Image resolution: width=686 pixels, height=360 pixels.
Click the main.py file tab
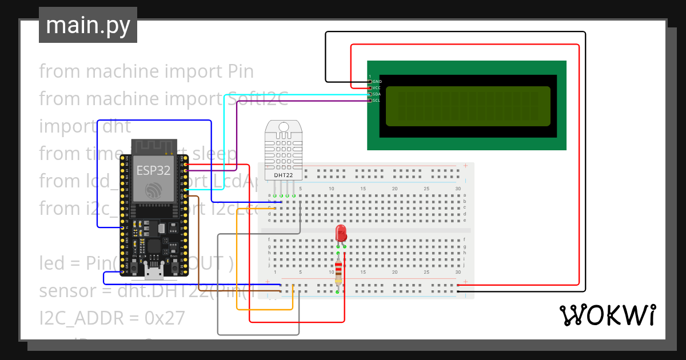coord(87,25)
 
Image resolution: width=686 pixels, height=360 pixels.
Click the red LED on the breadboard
coord(341,233)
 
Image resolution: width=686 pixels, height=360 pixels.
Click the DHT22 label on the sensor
coord(284,175)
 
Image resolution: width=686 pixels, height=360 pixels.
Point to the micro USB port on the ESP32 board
coord(153,273)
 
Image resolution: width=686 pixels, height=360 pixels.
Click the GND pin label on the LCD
coord(377,82)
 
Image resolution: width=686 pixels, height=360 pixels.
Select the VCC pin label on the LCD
coord(377,88)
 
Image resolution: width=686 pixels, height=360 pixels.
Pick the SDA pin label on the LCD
coord(377,94)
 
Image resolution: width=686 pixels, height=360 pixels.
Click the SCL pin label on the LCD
coord(377,101)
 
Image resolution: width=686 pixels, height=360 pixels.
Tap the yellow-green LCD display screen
coord(468,106)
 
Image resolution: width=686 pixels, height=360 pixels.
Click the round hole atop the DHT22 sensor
coord(284,126)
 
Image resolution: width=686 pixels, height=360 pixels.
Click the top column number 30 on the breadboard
coord(458,189)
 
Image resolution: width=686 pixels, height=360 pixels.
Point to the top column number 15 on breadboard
coord(363,189)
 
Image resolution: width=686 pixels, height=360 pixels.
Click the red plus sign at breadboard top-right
coord(465,166)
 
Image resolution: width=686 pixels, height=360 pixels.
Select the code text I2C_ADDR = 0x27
coord(112,318)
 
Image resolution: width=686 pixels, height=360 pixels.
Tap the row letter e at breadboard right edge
coord(464,220)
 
